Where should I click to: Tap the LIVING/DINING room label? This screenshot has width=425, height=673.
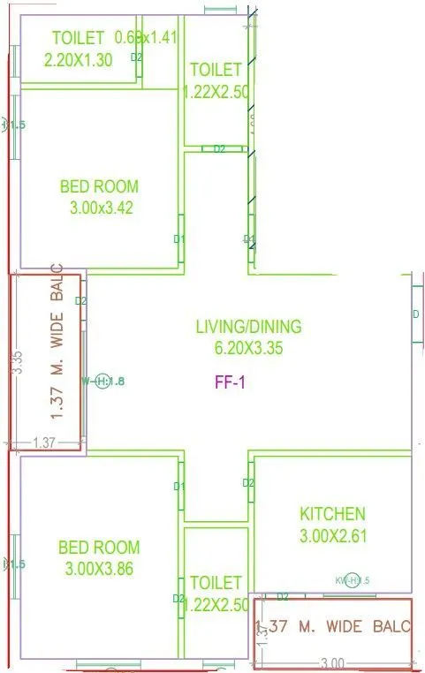click(x=248, y=327)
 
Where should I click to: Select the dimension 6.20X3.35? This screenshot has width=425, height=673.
click(x=248, y=348)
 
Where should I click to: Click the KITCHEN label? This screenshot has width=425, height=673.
click(x=332, y=513)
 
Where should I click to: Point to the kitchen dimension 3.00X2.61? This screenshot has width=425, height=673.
click(x=332, y=534)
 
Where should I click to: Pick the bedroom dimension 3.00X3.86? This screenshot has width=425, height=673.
click(x=99, y=569)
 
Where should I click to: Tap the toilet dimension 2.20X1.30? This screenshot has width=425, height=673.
click(x=78, y=58)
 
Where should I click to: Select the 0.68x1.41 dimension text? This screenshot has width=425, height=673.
click(x=147, y=37)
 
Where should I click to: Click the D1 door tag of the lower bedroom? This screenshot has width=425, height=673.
click(x=178, y=486)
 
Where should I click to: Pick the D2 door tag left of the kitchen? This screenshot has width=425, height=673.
click(x=248, y=483)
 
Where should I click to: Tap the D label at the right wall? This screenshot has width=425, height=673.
click(x=415, y=314)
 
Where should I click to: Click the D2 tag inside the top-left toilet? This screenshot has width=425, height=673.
click(x=136, y=57)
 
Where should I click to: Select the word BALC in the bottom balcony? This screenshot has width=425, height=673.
click(x=389, y=627)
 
